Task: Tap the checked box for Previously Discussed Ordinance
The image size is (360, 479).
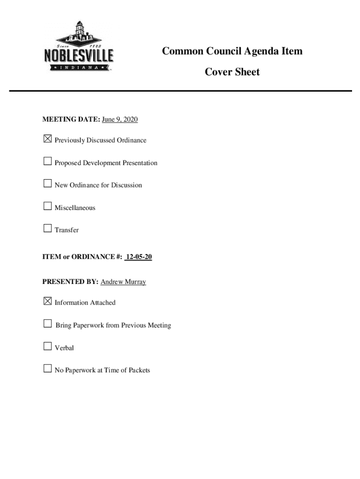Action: coord(47,139)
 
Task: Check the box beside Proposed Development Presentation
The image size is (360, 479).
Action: coord(47,161)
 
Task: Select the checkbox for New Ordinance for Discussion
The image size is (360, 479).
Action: coord(47,183)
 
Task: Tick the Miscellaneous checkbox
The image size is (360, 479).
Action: coord(47,206)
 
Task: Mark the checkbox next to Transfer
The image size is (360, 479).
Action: coord(47,228)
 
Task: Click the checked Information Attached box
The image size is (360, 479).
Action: coord(47,301)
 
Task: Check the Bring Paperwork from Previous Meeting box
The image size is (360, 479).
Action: coord(47,324)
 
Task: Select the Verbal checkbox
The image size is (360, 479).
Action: coord(47,346)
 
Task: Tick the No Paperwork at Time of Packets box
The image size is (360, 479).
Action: coord(47,369)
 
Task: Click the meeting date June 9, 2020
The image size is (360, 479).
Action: coord(120,120)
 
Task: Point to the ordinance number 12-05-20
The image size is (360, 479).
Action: coord(139,257)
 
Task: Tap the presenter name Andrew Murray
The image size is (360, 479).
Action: coord(123,282)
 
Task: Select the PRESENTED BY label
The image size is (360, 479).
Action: coord(70,282)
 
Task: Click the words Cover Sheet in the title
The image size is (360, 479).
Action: coord(232,72)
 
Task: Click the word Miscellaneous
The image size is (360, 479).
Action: coord(75,208)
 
